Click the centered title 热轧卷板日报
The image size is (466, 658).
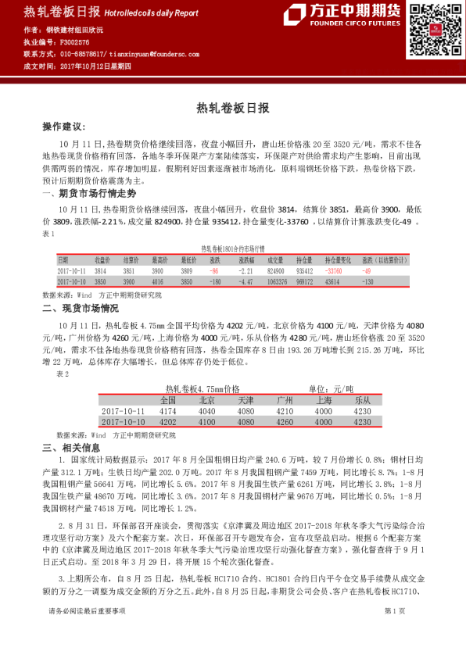(x=232, y=106)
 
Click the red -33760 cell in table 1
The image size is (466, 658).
(x=332, y=270)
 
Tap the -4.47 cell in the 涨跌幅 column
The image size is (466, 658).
(x=246, y=281)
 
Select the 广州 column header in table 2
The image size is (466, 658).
(x=285, y=400)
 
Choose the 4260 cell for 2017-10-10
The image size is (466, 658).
(x=285, y=421)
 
